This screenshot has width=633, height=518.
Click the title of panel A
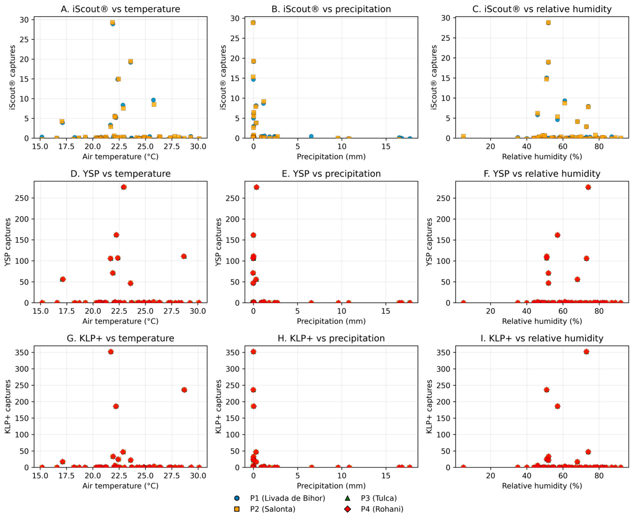[120, 9]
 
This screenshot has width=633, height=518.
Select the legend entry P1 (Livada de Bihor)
[287, 498]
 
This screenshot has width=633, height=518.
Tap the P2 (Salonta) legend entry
[272, 509]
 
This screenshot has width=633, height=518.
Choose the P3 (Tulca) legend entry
[379, 498]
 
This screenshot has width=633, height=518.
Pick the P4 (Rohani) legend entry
[382, 509]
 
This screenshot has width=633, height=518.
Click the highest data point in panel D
[123, 187]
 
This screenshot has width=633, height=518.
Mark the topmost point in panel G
[111, 352]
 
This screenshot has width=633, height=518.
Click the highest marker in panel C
[548, 23]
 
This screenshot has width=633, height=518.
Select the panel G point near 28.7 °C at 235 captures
[184, 390]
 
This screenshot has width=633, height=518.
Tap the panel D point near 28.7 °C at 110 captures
[184, 256]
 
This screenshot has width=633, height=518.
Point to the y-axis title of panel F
[429, 242]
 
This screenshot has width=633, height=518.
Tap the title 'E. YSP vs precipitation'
[331, 174]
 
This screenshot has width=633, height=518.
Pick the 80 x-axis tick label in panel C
[599, 147]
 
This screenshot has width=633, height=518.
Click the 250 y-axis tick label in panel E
[233, 198]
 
